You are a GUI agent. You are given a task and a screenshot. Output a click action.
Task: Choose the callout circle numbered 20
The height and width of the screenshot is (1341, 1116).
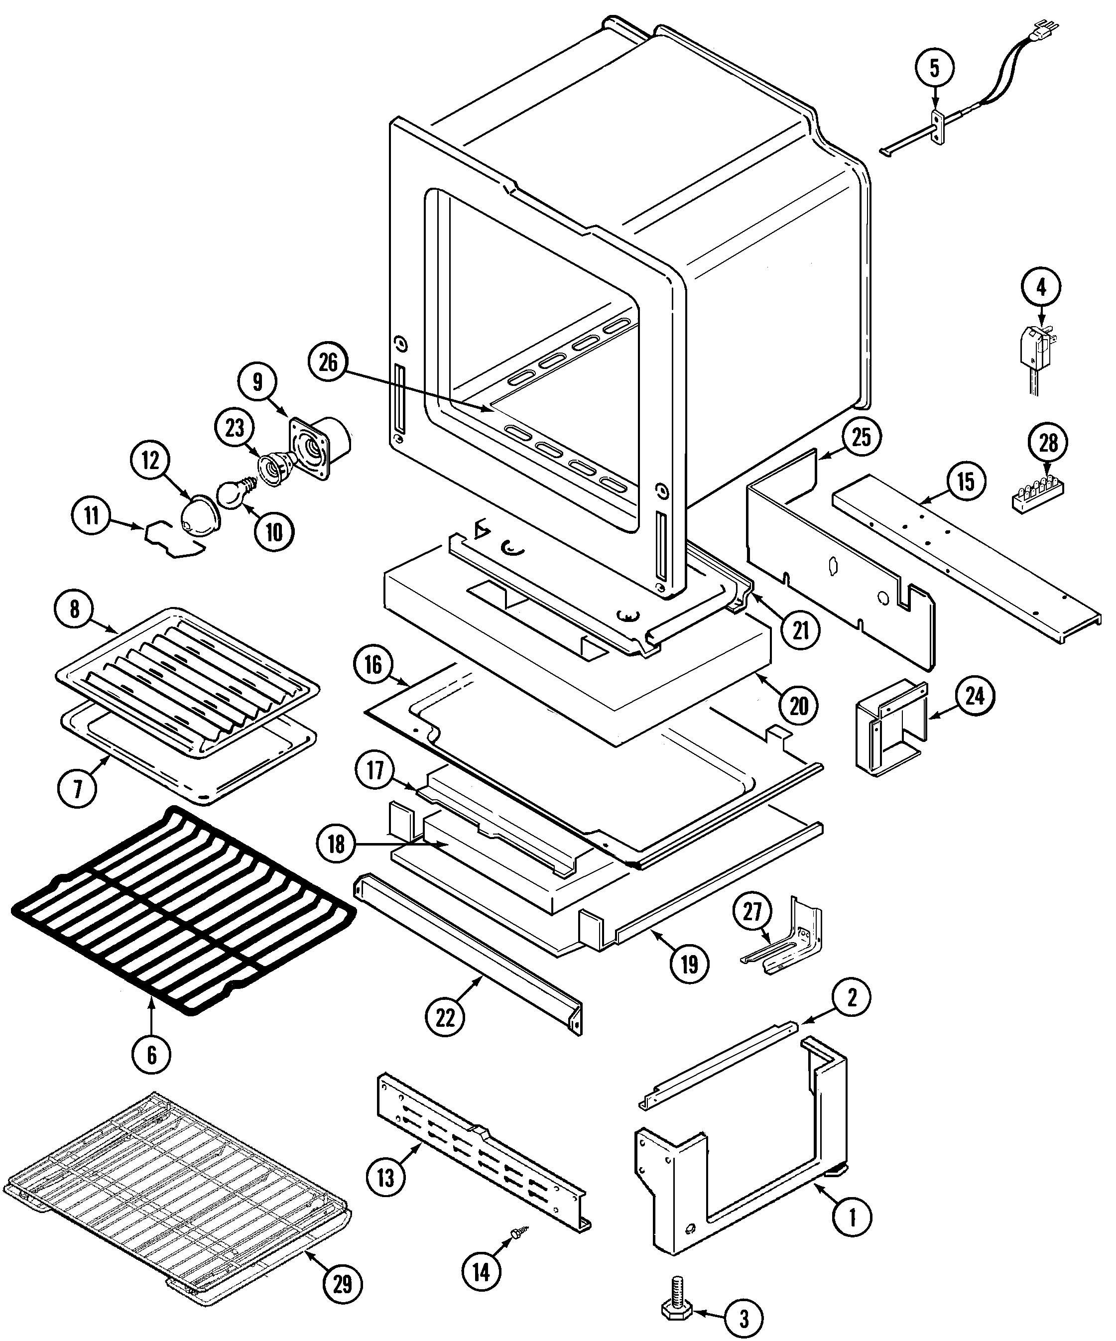click(x=799, y=706)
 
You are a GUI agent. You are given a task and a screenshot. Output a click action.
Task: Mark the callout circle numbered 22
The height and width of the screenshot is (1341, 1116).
click(x=445, y=1017)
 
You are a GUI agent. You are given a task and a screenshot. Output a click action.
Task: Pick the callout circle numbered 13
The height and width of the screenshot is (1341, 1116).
click(x=385, y=1177)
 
